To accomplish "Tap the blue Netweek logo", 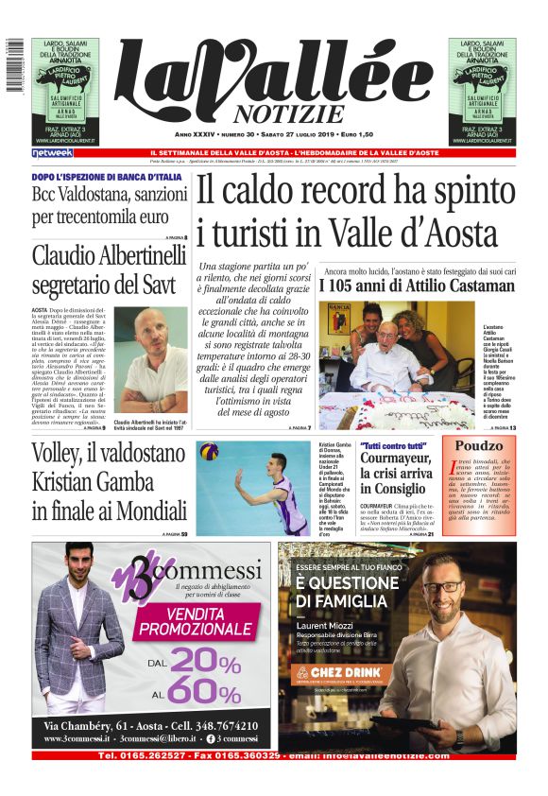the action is click(x=52, y=152).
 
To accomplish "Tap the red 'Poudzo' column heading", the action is click(x=480, y=445).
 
